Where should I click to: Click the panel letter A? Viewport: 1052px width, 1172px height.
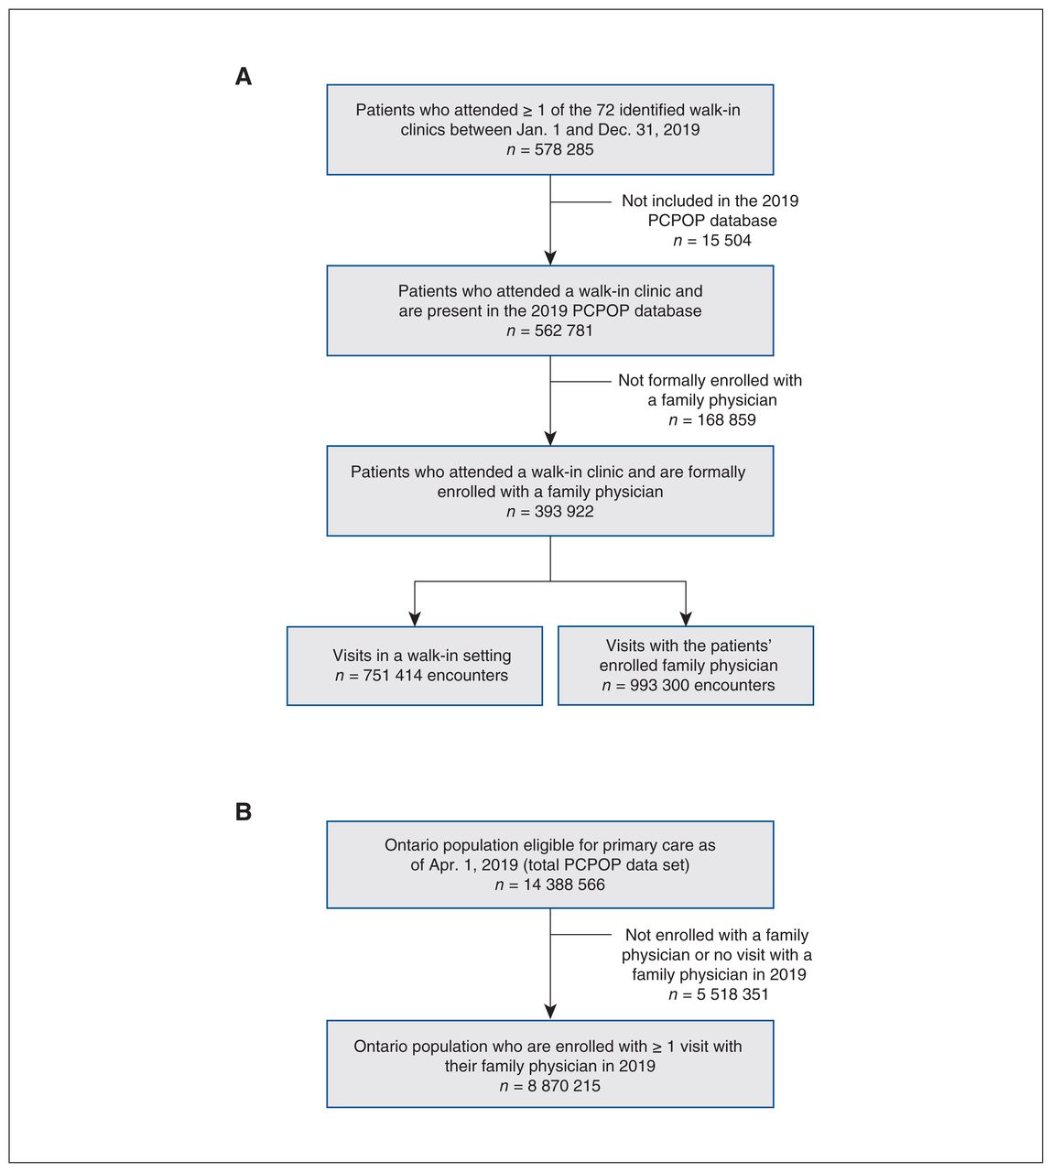243,76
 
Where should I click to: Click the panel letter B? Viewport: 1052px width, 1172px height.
243,811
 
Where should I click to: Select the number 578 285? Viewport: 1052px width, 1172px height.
564,149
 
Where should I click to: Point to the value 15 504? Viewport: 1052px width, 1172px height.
726,240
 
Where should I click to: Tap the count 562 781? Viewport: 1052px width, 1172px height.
564,331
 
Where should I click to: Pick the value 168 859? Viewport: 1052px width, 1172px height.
726,419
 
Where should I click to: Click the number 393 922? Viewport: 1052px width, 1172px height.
564,511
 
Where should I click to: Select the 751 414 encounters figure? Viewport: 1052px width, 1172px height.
435,675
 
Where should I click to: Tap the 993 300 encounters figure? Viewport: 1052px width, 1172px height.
702,685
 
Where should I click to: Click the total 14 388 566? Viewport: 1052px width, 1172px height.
564,884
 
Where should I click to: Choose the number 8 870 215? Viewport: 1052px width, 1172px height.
564,1086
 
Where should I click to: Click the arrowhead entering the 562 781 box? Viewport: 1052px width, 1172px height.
550,258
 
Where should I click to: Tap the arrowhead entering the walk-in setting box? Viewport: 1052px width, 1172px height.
415,619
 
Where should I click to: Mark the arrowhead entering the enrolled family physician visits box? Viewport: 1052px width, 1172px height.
686,619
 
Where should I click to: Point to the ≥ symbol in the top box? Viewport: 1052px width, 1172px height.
527,111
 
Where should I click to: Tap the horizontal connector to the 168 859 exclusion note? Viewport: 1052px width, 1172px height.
580,382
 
